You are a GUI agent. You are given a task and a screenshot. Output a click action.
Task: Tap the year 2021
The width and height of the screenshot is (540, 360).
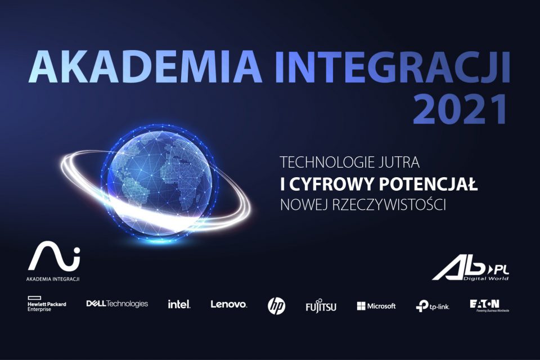coord(461,110)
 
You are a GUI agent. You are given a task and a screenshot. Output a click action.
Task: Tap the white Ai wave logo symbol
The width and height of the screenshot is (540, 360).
coord(54,256)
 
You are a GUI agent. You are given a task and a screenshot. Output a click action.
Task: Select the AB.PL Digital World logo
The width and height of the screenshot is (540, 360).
coord(471,271)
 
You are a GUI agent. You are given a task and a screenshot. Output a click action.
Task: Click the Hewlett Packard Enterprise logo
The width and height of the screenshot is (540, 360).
coord(46,305)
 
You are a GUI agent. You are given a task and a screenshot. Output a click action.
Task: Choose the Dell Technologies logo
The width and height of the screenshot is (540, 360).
coord(117,304)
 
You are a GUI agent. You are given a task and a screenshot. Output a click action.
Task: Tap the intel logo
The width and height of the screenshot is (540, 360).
coord(179,304)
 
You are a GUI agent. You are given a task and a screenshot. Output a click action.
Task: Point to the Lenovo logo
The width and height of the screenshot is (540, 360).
coord(228,304)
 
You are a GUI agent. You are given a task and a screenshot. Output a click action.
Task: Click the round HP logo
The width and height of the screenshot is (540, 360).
coord(276,305)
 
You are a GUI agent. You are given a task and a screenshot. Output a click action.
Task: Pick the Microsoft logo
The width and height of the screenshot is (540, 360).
coord(376,306)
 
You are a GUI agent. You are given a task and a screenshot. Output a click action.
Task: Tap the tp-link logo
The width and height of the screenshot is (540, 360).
coord(432,306)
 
